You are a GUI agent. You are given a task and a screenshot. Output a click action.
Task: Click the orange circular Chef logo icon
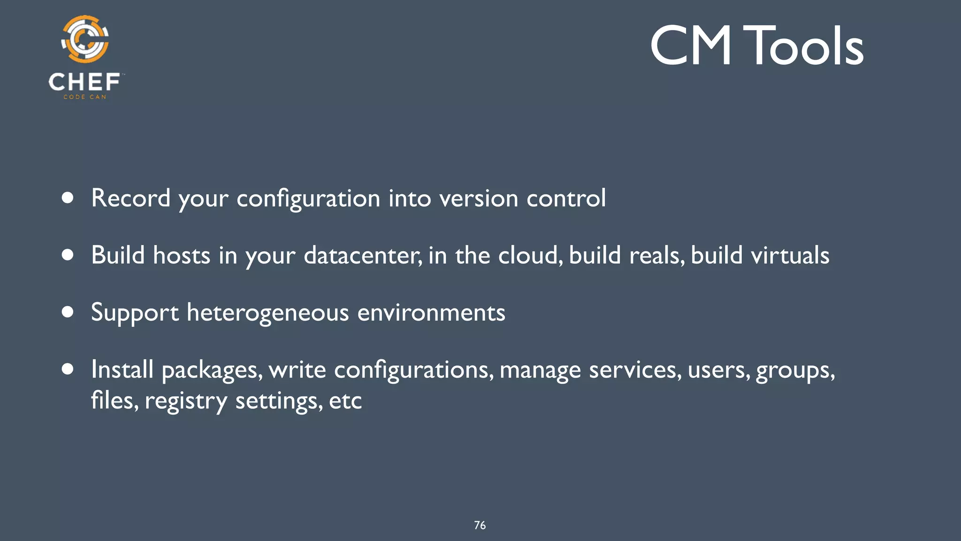pos(85,39)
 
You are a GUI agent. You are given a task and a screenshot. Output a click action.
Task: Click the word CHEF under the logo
pos(84,82)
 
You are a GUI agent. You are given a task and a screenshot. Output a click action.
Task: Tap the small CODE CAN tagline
pos(85,97)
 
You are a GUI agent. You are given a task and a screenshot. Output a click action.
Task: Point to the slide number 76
pos(480,525)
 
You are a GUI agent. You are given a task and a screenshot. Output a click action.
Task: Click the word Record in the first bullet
pos(130,198)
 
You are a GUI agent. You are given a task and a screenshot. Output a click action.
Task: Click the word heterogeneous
pos(267,313)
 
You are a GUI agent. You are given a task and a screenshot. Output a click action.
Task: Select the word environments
pos(431,313)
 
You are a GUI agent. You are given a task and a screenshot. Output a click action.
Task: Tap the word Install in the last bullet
pos(122,369)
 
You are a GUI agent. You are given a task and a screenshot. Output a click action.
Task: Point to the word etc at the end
pos(345,401)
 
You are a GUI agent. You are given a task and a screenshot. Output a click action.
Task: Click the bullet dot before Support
pos(68,312)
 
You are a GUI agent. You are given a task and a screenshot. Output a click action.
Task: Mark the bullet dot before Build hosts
pos(68,255)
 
